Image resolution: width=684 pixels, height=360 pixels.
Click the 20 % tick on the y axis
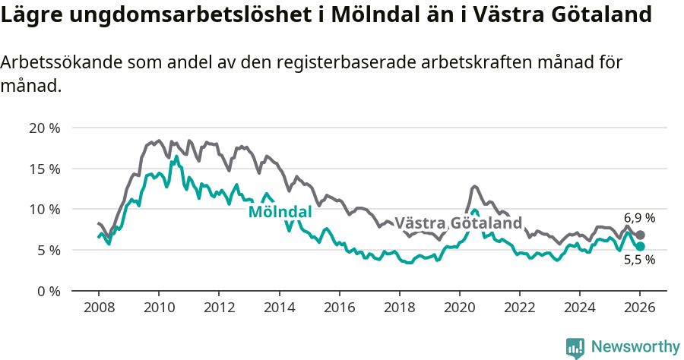coord(44,128)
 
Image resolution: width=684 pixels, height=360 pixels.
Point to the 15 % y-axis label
coord(44,169)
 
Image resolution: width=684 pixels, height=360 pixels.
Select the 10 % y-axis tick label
coord(44,209)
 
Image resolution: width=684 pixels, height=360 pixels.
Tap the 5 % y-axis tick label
coord(48,250)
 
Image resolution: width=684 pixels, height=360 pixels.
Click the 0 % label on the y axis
coord(48,291)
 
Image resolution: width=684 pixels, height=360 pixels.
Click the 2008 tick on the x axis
coord(99,308)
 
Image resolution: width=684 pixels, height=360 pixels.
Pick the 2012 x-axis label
coord(219,308)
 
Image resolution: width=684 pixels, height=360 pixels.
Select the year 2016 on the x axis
coord(339,308)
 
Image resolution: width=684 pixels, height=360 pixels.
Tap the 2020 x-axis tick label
coord(459,308)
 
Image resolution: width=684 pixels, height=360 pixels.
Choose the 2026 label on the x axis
coord(639,308)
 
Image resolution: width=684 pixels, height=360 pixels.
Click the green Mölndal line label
coord(280,212)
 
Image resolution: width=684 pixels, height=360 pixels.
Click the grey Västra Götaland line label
coord(458,223)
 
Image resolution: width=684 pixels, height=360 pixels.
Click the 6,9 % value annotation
coord(639,218)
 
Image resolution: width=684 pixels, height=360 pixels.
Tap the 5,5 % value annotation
coord(639,260)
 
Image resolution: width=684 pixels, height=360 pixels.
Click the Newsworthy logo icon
coord(575,347)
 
